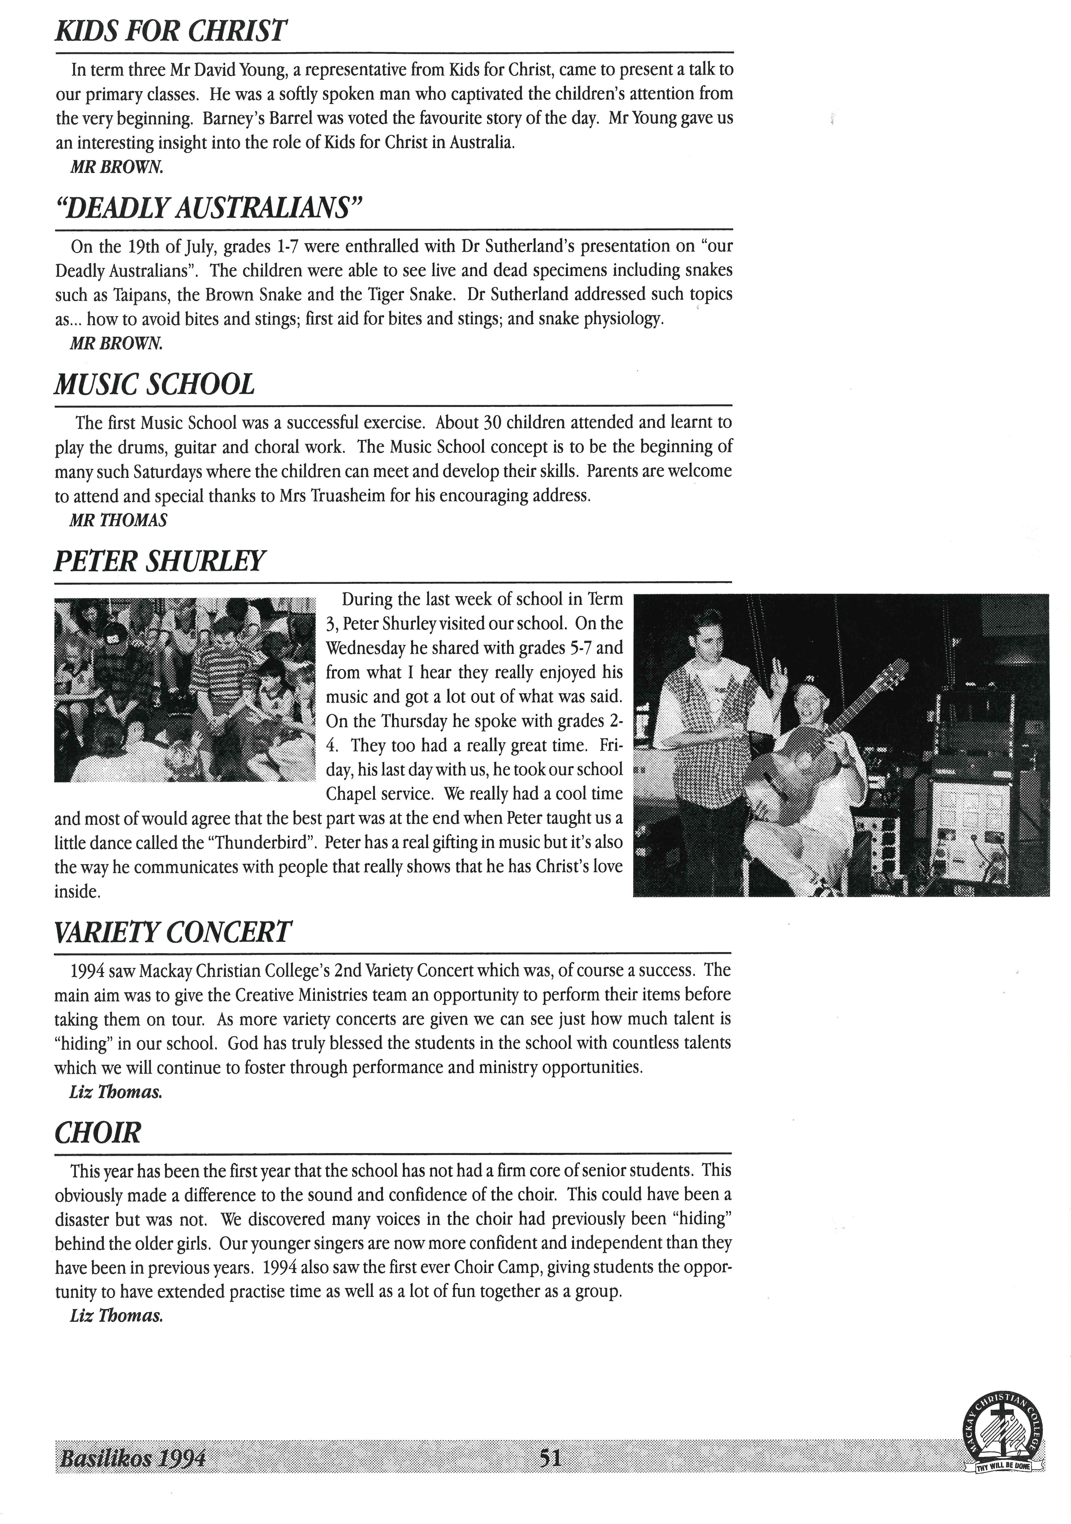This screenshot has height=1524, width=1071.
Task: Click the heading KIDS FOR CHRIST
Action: [171, 32]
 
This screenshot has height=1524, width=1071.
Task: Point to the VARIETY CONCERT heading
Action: [173, 933]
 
